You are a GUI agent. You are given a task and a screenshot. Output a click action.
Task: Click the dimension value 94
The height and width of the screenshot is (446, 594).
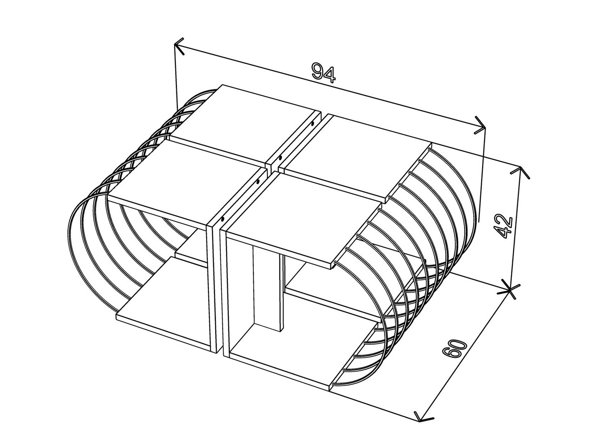click(x=323, y=72)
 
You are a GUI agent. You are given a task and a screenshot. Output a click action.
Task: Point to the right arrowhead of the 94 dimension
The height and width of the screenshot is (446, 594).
click(x=480, y=125)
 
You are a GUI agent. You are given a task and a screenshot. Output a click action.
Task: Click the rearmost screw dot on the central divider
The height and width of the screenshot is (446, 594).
click(x=312, y=124)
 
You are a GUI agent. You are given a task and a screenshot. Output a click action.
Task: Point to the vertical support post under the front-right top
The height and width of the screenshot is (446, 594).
click(x=266, y=288)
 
